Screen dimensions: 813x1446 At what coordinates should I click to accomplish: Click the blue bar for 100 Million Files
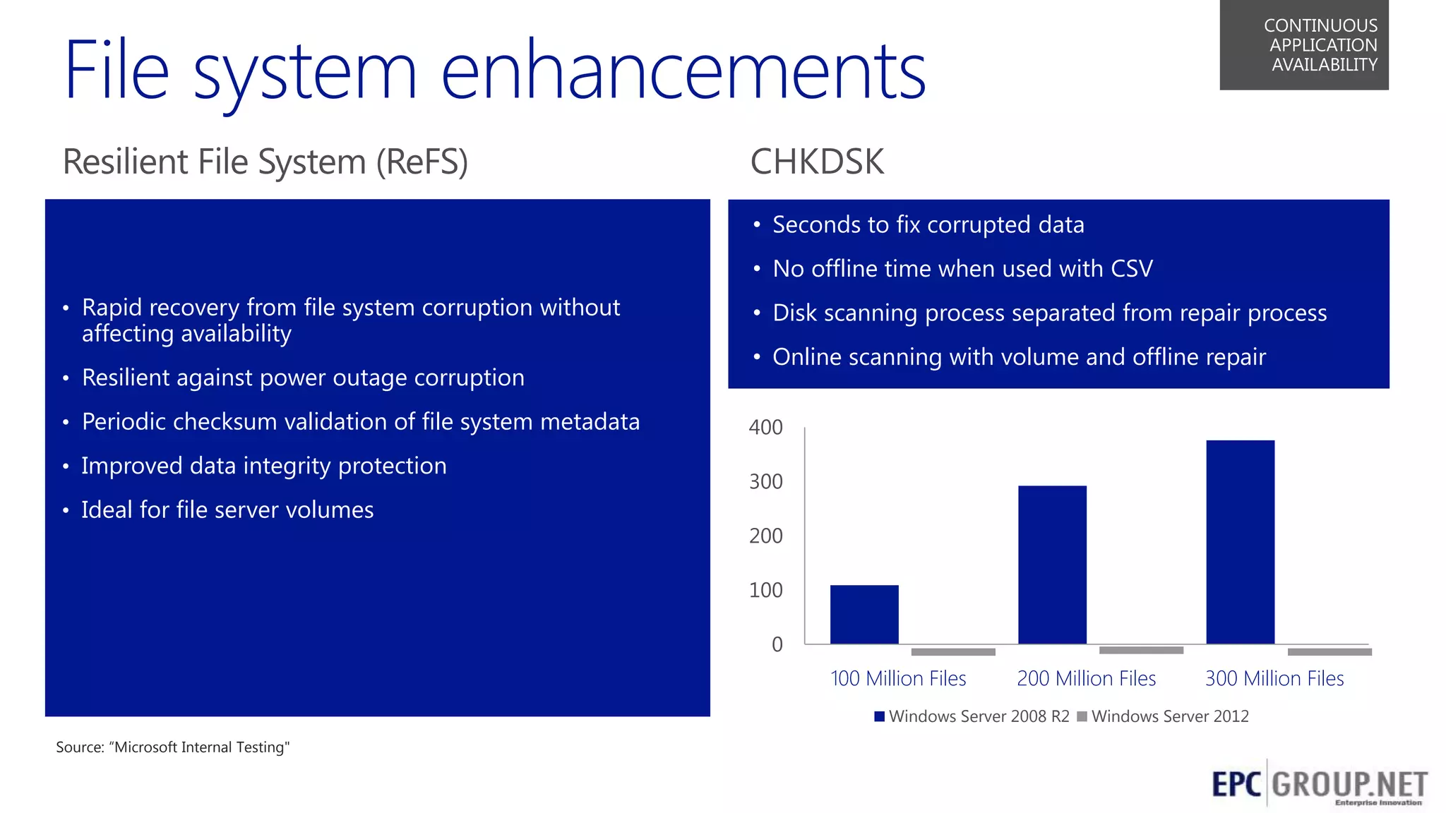point(864,614)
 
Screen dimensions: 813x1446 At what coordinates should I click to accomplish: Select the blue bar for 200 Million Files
point(1052,565)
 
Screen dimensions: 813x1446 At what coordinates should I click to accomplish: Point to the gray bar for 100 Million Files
point(953,652)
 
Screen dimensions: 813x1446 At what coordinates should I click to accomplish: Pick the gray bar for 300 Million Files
point(1330,652)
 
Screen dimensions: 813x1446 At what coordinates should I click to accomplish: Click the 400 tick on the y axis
point(765,428)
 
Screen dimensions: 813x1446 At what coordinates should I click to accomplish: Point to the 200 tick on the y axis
point(765,536)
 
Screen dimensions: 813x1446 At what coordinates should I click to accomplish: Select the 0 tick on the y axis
point(777,644)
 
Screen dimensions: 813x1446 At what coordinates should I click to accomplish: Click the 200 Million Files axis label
point(1086,679)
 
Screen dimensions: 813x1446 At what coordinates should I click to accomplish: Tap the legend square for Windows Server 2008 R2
point(879,716)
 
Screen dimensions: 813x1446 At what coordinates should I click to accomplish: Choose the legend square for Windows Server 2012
point(1082,716)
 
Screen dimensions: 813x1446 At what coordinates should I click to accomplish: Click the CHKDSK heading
point(816,162)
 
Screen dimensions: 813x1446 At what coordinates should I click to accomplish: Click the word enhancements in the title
point(683,71)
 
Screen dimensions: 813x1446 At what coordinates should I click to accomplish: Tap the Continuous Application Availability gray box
point(1303,44)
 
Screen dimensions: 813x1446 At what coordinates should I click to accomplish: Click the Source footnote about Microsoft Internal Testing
point(173,747)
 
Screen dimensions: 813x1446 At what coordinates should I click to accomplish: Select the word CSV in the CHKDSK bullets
point(1131,269)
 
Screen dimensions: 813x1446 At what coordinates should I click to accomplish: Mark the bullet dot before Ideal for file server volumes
point(66,510)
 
